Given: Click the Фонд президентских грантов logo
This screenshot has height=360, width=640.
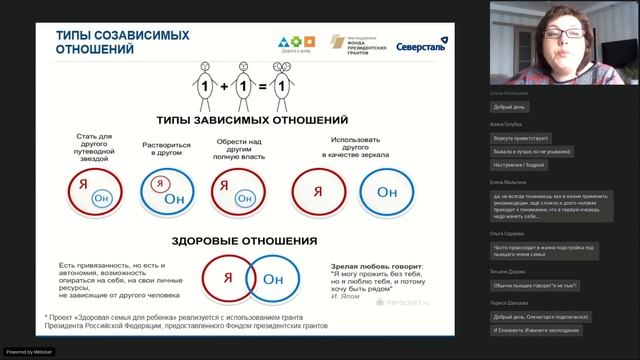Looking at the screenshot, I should (358, 43).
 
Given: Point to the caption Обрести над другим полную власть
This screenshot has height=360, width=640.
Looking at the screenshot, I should (240, 150).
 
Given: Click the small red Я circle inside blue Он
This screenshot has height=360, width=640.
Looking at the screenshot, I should (157, 183).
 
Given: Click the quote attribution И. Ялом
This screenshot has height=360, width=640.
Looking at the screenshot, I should (343, 297).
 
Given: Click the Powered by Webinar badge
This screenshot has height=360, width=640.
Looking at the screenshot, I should (29, 352).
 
